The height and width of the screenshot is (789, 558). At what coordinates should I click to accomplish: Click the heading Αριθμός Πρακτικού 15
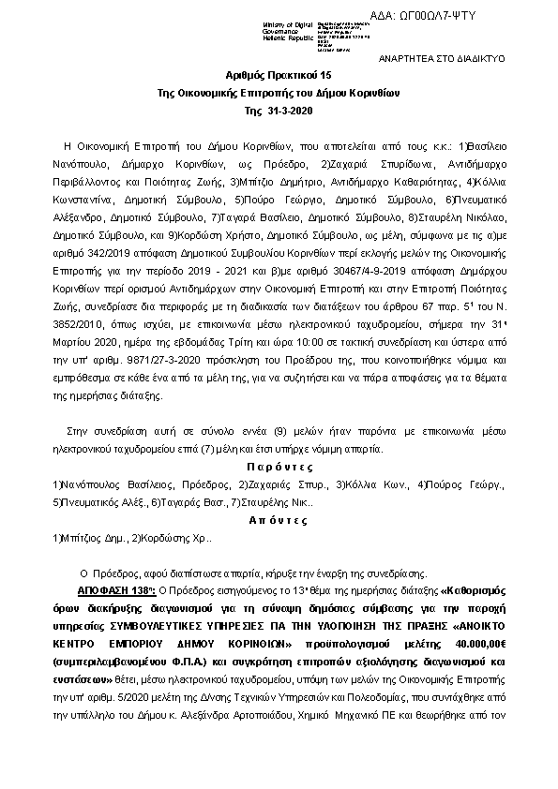click(x=279, y=73)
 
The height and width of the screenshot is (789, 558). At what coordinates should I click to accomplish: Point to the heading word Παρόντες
click(x=279, y=468)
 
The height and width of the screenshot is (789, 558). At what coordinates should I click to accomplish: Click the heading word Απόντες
click(x=279, y=520)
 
